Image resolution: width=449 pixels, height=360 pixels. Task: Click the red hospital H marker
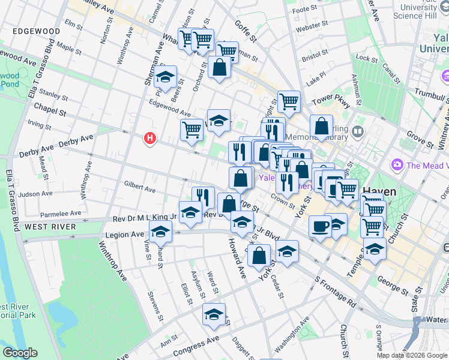click(x=150, y=139)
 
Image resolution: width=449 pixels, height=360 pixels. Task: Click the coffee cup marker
click(x=320, y=226)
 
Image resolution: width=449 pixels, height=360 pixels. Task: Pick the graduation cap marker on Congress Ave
click(x=214, y=314)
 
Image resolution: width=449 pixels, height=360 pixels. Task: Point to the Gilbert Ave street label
click(x=139, y=187)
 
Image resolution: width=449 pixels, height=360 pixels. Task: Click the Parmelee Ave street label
click(x=60, y=214)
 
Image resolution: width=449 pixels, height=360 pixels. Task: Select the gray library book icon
click(x=358, y=131)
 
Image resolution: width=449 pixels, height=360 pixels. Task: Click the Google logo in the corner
click(x=20, y=353)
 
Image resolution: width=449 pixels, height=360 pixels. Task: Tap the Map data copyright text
click(x=412, y=355)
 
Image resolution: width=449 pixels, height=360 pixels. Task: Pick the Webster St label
click(x=312, y=27)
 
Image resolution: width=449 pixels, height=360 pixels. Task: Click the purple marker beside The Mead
click(x=397, y=164)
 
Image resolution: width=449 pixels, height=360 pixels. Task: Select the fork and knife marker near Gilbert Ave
click(x=203, y=196)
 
